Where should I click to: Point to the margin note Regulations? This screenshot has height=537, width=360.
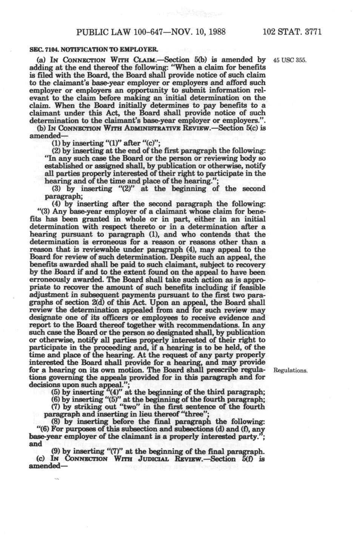(x=290, y=371)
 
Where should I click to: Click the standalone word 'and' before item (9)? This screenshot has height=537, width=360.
(x=35, y=444)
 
